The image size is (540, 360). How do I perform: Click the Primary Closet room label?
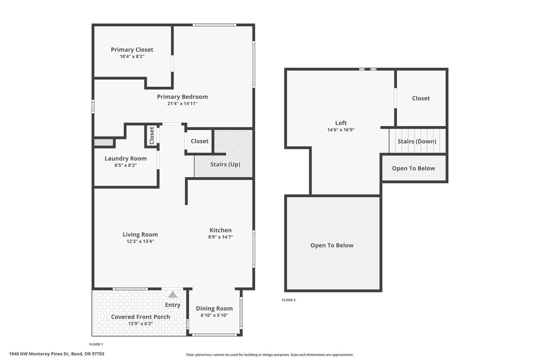click(x=132, y=50)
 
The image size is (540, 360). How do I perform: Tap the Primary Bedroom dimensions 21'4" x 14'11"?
click(x=182, y=104)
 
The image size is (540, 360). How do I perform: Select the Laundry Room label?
click(x=126, y=159)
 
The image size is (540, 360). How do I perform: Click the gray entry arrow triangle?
click(x=173, y=295)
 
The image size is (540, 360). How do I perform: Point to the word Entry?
click(x=173, y=305)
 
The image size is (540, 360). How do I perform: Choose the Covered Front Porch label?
click(x=140, y=317)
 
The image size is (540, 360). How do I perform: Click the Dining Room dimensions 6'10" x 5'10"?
click(x=214, y=315)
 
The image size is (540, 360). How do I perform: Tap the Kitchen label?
click(x=220, y=230)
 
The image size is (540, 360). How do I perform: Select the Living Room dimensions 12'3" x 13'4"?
click(x=140, y=242)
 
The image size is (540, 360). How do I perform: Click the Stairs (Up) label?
click(x=225, y=165)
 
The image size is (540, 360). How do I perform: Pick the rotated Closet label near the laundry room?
click(x=152, y=135)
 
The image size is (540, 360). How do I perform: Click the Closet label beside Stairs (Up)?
click(x=200, y=141)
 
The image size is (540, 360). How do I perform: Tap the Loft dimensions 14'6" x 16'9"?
click(x=341, y=130)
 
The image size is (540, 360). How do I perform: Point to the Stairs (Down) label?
click(x=417, y=141)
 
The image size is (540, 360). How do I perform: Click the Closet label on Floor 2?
click(x=421, y=98)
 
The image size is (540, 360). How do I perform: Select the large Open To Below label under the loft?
click(x=332, y=245)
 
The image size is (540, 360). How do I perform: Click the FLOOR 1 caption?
click(x=96, y=344)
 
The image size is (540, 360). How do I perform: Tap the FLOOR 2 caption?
click(x=289, y=300)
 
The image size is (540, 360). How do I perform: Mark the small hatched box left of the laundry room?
click(x=103, y=142)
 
